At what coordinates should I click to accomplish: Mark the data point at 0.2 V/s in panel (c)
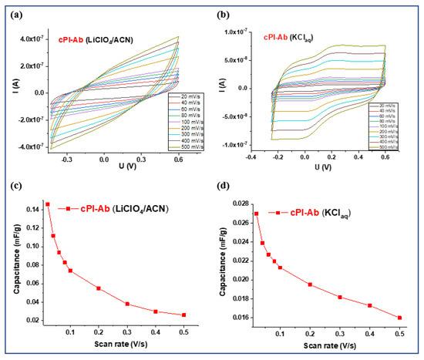pos(99,288)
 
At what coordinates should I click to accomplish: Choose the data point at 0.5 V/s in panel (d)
pos(399,318)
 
